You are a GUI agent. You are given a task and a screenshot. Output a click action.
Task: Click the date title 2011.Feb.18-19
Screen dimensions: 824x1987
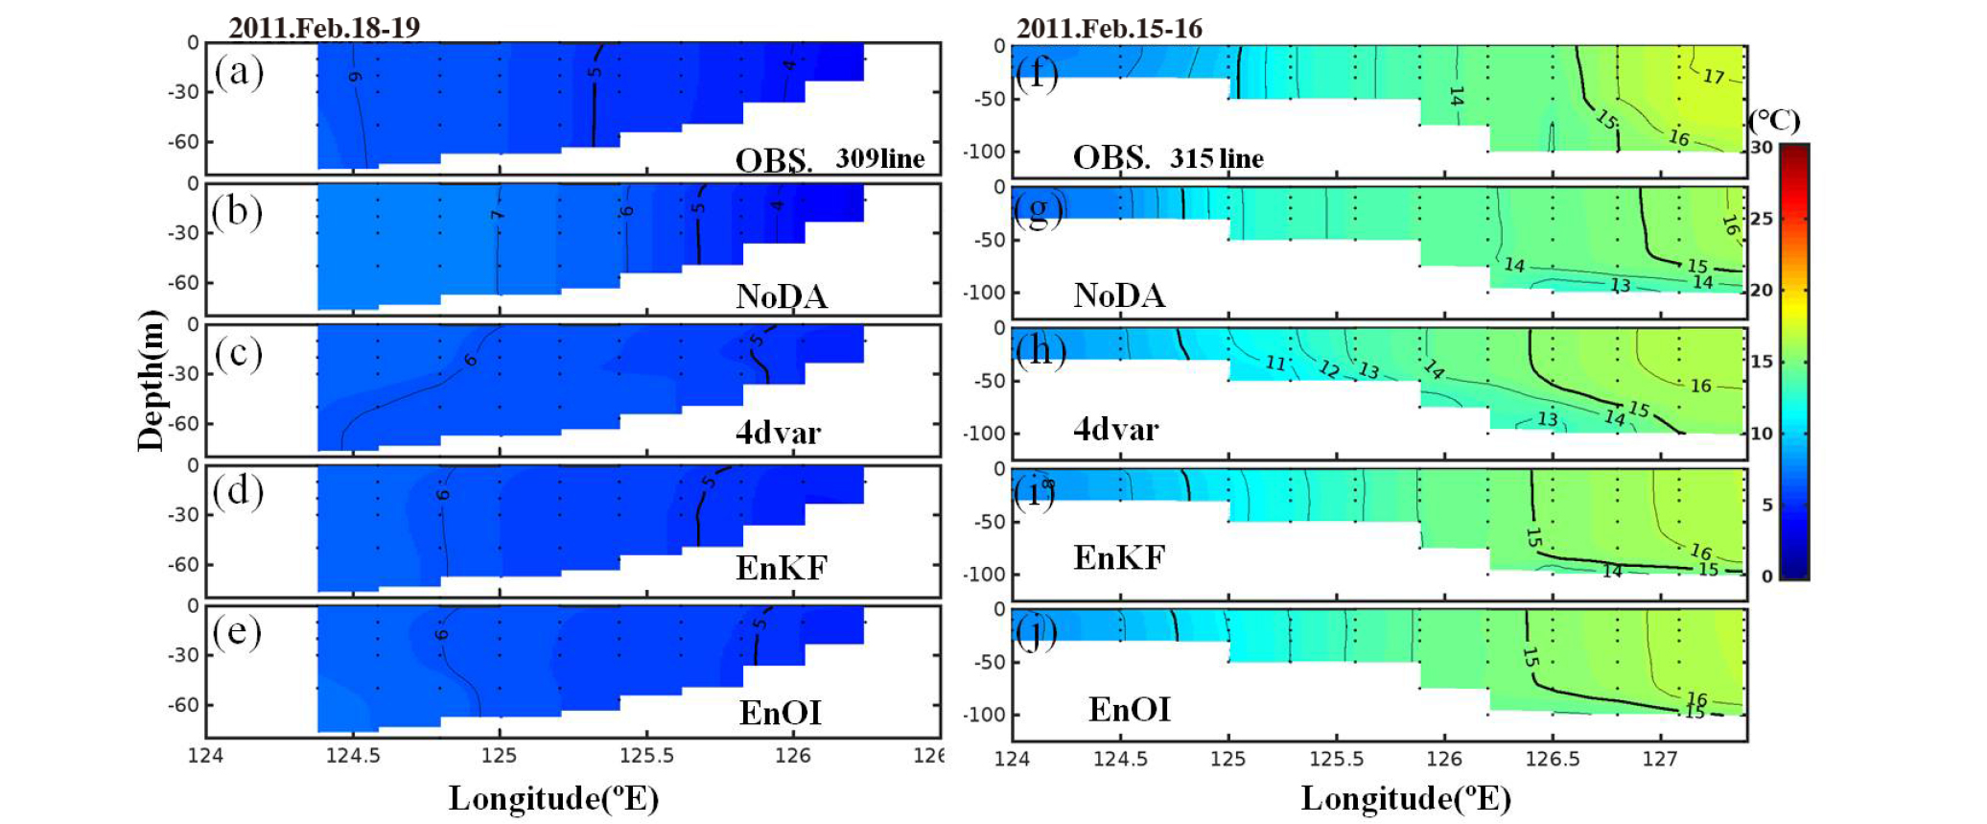click(324, 27)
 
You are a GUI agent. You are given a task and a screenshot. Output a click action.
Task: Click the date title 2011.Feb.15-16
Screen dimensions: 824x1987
click(1109, 28)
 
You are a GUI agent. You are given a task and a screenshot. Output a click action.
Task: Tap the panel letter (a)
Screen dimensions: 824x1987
click(238, 71)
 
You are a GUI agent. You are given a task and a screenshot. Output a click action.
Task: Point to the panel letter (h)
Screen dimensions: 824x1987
click(1040, 350)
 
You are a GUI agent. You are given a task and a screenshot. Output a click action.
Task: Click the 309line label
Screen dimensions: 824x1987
click(879, 158)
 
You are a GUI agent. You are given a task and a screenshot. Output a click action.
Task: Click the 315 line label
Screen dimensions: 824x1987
click(1216, 158)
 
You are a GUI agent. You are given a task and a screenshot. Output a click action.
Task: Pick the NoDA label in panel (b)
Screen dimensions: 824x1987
click(782, 296)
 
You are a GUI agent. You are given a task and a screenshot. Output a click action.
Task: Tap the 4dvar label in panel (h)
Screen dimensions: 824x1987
click(1115, 429)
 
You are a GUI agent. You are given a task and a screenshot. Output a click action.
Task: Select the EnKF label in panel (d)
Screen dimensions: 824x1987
click(781, 568)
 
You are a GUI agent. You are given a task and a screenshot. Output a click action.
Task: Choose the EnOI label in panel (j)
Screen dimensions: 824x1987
click(1129, 710)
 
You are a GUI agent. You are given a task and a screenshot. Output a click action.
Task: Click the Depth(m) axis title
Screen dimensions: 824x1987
click(151, 380)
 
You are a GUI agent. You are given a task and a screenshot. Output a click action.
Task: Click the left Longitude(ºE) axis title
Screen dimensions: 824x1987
click(553, 798)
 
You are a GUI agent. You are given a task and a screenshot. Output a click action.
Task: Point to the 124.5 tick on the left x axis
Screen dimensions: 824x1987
click(353, 756)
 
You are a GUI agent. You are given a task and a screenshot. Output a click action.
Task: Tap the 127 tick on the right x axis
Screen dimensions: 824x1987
click(1660, 759)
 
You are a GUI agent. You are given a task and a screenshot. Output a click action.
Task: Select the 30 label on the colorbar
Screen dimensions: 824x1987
click(1762, 148)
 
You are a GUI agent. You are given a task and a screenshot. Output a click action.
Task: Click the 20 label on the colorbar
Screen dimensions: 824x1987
click(1762, 290)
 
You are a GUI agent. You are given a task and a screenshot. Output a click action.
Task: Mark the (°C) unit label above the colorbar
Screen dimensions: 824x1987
click(1774, 121)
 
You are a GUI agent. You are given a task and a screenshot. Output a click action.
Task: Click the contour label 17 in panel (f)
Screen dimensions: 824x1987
click(1713, 76)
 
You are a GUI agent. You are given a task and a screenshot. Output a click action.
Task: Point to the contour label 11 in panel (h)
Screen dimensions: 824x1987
click(1274, 363)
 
